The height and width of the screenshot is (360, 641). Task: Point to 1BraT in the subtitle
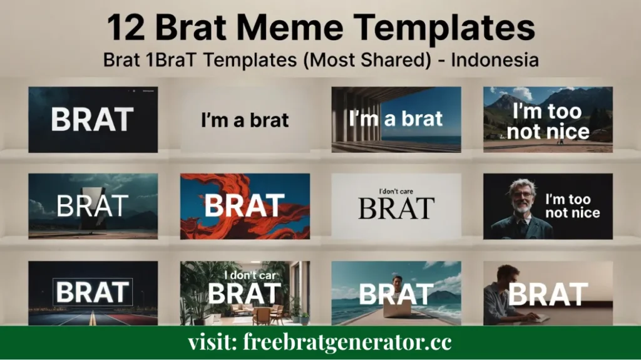[166, 61]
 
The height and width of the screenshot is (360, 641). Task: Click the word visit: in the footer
[210, 342]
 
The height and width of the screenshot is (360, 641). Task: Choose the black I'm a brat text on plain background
[245, 120]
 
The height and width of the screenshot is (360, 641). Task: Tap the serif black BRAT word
[396, 208]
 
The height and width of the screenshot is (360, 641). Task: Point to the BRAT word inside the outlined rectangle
[93, 292]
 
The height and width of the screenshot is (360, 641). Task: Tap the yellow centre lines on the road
[92, 319]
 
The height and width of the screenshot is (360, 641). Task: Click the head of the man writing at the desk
[509, 274]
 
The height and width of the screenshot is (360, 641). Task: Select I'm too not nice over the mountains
[548, 121]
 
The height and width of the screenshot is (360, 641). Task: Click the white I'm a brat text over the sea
[396, 118]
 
